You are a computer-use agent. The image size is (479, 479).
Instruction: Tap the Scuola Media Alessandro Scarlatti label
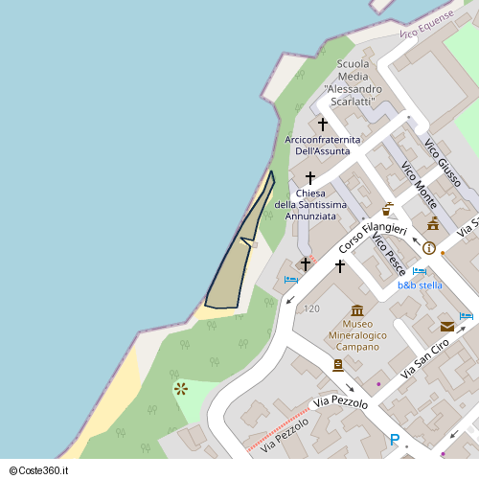click(353, 82)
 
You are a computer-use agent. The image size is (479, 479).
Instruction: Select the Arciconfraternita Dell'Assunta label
click(323, 146)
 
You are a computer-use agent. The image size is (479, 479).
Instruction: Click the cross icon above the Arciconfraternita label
click(323, 125)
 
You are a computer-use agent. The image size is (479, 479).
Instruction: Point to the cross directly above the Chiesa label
click(309, 178)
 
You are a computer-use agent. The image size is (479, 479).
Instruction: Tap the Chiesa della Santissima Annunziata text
click(309, 205)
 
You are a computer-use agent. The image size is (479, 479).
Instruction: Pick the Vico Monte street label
click(420, 187)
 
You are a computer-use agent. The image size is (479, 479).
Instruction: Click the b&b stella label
click(420, 285)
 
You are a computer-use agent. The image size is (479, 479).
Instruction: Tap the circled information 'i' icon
click(428, 248)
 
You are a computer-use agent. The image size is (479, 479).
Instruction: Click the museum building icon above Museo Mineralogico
click(357, 310)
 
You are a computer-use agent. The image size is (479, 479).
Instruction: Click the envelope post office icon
click(446, 326)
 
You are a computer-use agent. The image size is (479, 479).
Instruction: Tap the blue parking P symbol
click(394, 440)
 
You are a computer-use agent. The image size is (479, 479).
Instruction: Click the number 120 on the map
click(311, 308)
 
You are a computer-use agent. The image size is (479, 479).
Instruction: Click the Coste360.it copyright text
click(46, 469)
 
